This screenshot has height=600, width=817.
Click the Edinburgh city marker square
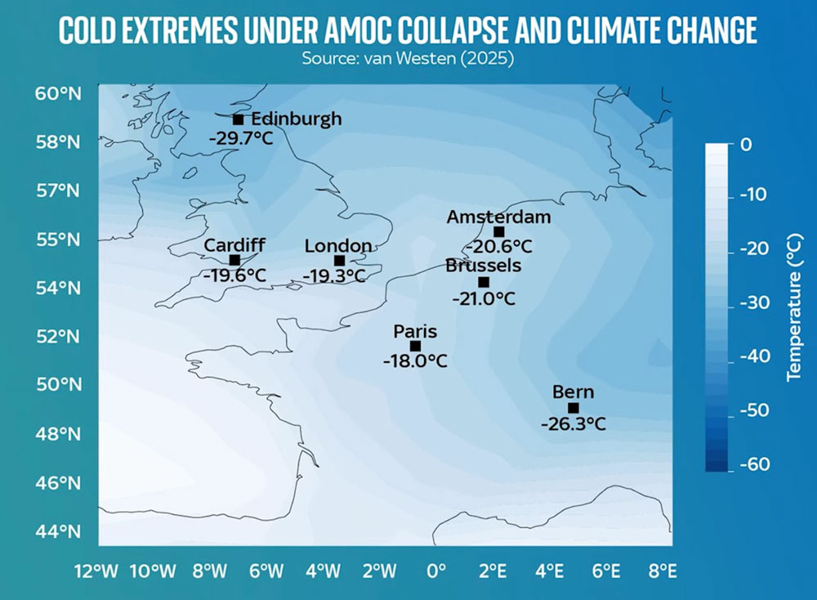(x=238, y=120)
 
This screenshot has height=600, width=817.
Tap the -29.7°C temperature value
(x=240, y=138)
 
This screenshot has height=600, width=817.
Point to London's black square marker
(x=340, y=261)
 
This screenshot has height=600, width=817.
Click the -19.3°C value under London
(x=333, y=276)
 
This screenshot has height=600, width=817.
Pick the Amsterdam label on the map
(x=498, y=217)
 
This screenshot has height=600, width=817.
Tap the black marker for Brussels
(x=484, y=282)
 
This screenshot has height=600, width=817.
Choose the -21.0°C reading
(x=484, y=298)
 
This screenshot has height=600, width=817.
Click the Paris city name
(x=415, y=332)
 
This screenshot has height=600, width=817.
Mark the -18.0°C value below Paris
(x=415, y=360)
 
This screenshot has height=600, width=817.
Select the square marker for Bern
(x=573, y=408)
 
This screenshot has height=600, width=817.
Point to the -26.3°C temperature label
(x=573, y=424)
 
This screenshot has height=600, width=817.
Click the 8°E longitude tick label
(x=662, y=570)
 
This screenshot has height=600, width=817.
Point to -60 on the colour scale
(x=757, y=465)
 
